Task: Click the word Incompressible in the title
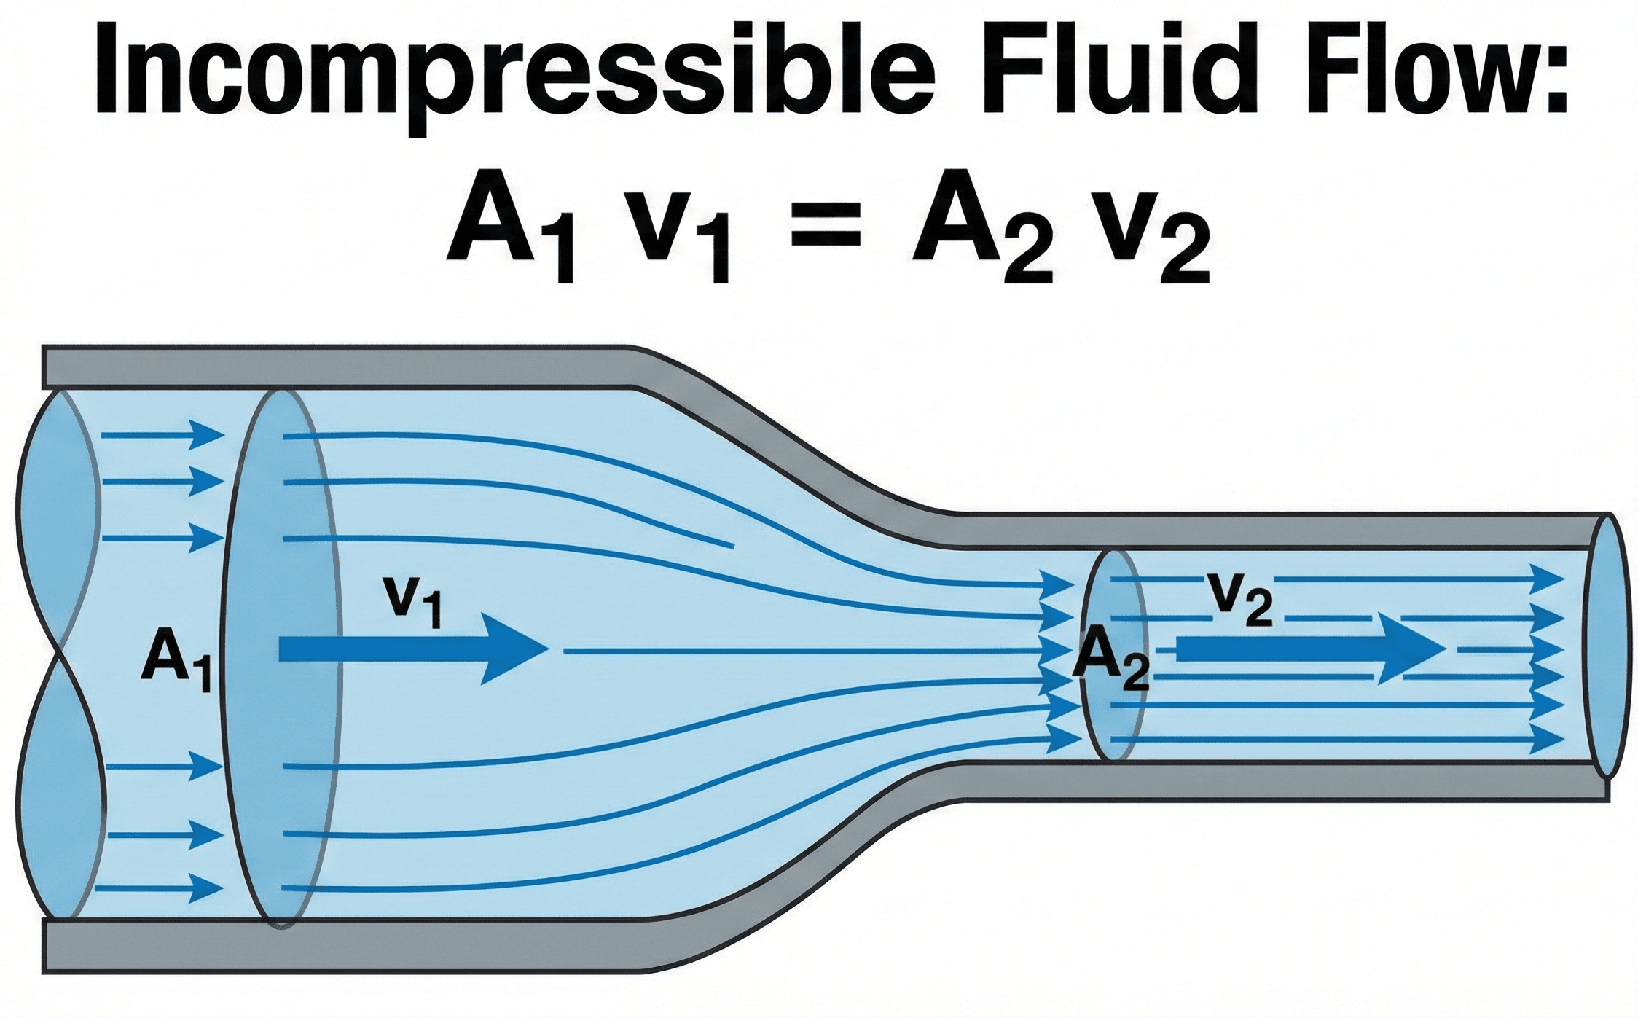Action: point(510,73)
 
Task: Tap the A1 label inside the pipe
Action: point(175,659)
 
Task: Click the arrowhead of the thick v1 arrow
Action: point(514,649)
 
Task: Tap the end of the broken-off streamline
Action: point(732,545)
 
